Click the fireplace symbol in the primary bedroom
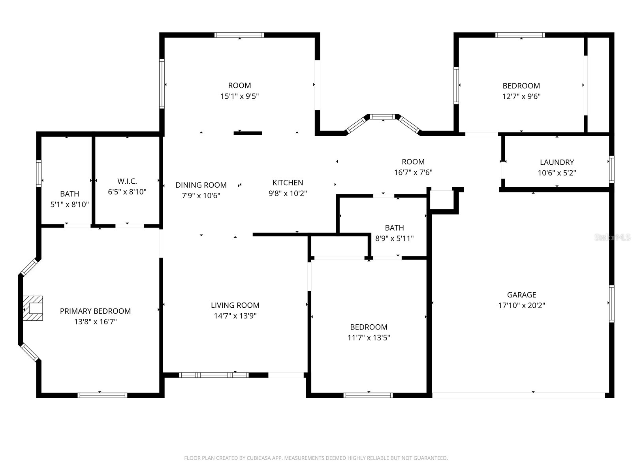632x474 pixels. point(33,308)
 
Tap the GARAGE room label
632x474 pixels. point(521,295)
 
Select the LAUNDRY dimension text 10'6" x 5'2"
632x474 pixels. point(557,173)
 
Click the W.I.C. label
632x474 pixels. point(127,181)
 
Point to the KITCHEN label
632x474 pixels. point(288,182)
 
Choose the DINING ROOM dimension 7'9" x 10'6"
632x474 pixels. point(201,196)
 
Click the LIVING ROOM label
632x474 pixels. point(235,305)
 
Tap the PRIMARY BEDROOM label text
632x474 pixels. point(95,311)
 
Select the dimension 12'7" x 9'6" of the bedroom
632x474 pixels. point(521,96)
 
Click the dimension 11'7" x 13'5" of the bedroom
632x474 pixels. point(369,338)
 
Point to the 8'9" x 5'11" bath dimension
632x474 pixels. point(394,239)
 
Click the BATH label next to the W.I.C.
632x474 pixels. point(70,194)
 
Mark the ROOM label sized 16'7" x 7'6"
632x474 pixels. point(413,162)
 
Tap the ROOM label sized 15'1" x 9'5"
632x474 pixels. point(239,85)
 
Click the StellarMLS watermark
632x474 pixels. point(612,237)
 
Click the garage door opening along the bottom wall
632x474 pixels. point(518,395)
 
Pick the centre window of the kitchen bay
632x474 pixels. point(382,117)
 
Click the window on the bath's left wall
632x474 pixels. point(39,173)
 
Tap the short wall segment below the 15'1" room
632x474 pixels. point(248,133)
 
